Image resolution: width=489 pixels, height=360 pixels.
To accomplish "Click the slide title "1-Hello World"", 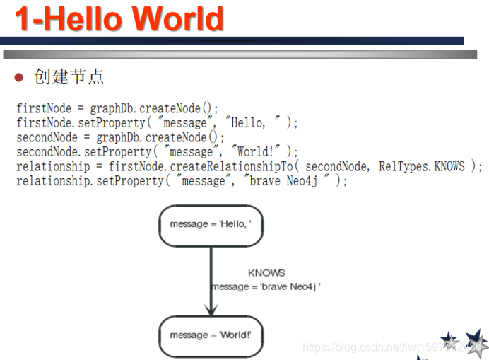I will click(x=119, y=19).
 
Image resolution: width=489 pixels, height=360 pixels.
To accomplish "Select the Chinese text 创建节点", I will click(x=69, y=76).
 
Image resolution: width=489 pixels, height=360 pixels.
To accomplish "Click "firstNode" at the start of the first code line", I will click(x=42, y=109).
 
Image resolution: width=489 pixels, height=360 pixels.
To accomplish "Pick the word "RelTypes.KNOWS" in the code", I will click(x=422, y=166).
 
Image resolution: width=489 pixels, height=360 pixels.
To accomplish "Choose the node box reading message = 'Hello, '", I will click(x=211, y=225).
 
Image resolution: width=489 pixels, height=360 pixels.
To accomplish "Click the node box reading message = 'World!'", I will click(x=211, y=335).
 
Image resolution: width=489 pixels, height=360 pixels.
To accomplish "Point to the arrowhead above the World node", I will click(x=211, y=309).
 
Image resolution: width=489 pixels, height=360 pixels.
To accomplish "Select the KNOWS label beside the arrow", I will click(x=266, y=273).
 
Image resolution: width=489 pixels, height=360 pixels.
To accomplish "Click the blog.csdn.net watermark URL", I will click(x=382, y=347).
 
